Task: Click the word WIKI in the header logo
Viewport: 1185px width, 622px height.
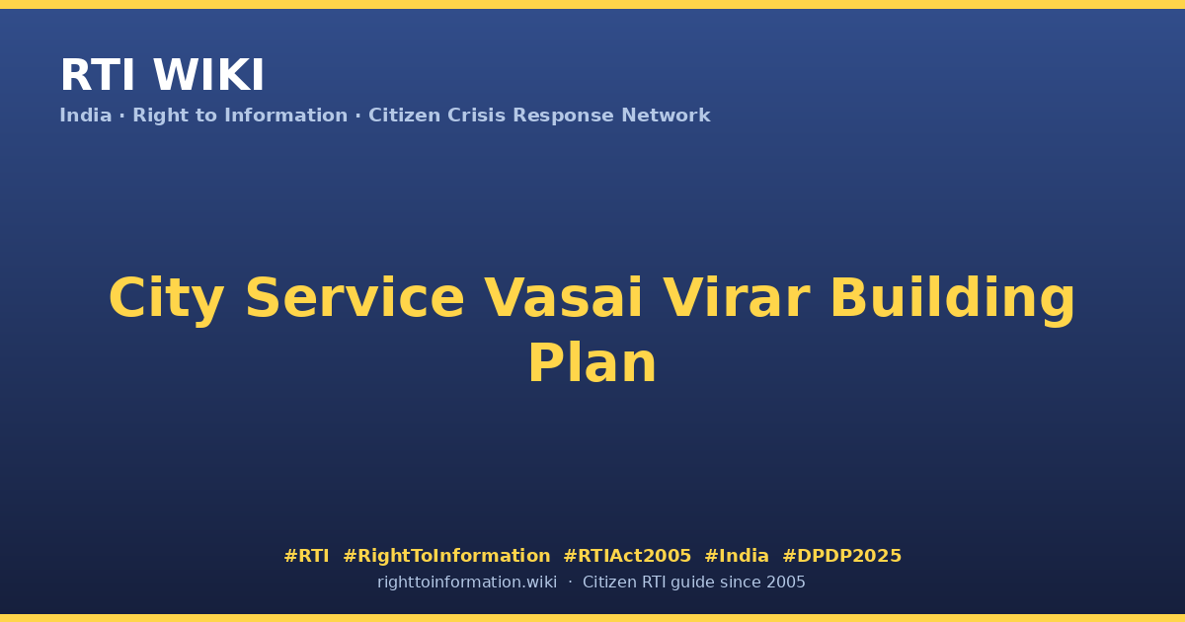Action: pyautogui.click(x=208, y=75)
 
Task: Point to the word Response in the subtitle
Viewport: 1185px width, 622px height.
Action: pyautogui.click(x=563, y=117)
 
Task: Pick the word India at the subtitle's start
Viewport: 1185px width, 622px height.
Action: pyautogui.click(x=86, y=116)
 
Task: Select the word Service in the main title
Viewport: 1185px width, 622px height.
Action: pyautogui.click(x=355, y=298)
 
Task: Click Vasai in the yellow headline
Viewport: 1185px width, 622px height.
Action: pyautogui.click(x=564, y=298)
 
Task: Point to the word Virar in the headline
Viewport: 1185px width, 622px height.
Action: pyautogui.click(x=737, y=298)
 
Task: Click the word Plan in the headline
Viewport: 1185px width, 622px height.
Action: pyautogui.click(x=592, y=363)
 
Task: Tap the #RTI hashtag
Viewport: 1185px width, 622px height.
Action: pyautogui.click(x=306, y=556)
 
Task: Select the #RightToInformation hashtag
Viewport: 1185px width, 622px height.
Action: pyautogui.click(x=446, y=556)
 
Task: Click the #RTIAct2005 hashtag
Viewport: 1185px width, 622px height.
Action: pyautogui.click(x=627, y=556)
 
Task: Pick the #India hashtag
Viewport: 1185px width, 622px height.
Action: pyautogui.click(x=737, y=556)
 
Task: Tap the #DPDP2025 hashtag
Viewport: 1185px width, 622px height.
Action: pyautogui.click(x=841, y=556)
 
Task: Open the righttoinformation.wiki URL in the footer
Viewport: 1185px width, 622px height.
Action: pyautogui.click(x=466, y=583)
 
